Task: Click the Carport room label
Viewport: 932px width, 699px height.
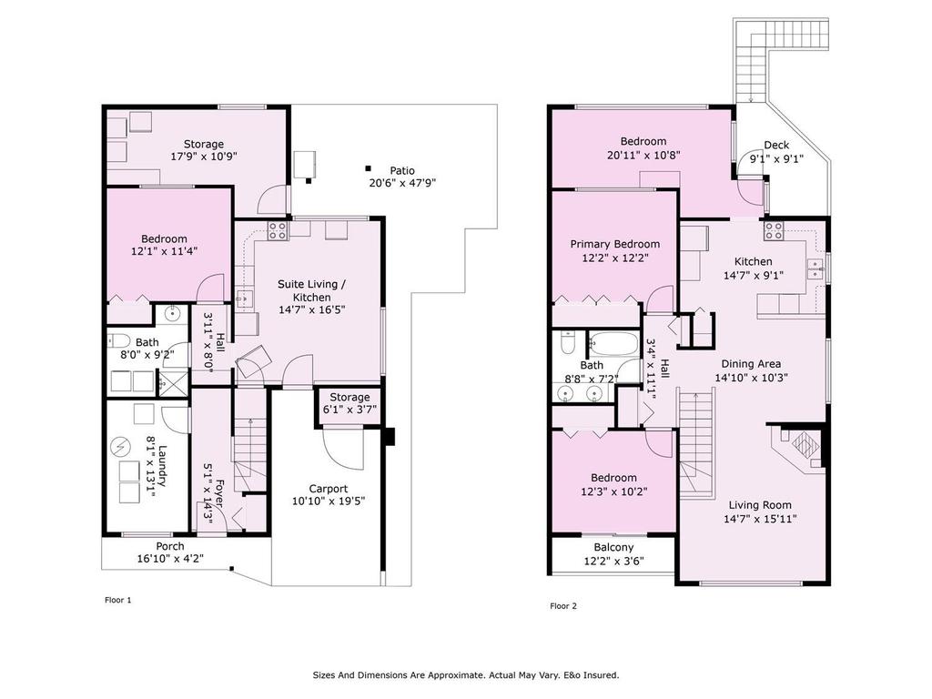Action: point(328,489)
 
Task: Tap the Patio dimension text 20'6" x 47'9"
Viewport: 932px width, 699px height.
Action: point(402,183)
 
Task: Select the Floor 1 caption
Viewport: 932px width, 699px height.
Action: point(117,600)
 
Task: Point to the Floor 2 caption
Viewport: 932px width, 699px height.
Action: point(562,606)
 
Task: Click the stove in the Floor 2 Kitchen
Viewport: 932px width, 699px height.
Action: point(774,230)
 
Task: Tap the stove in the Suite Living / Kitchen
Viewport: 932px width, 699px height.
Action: point(277,230)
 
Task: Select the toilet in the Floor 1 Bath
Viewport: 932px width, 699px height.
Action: point(119,341)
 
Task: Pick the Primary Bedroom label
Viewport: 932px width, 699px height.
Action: point(614,244)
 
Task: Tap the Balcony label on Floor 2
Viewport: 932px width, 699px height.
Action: point(613,547)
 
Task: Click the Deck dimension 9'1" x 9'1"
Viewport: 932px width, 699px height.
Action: point(776,158)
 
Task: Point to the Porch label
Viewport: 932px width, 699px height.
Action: point(170,546)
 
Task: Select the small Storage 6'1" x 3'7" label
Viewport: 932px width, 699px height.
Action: point(349,403)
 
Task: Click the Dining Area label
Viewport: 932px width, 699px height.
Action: point(751,364)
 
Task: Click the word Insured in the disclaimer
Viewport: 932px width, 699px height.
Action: point(603,675)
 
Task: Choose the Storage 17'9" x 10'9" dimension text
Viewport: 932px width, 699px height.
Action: point(203,157)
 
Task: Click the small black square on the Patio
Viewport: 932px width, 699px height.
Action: point(368,168)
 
